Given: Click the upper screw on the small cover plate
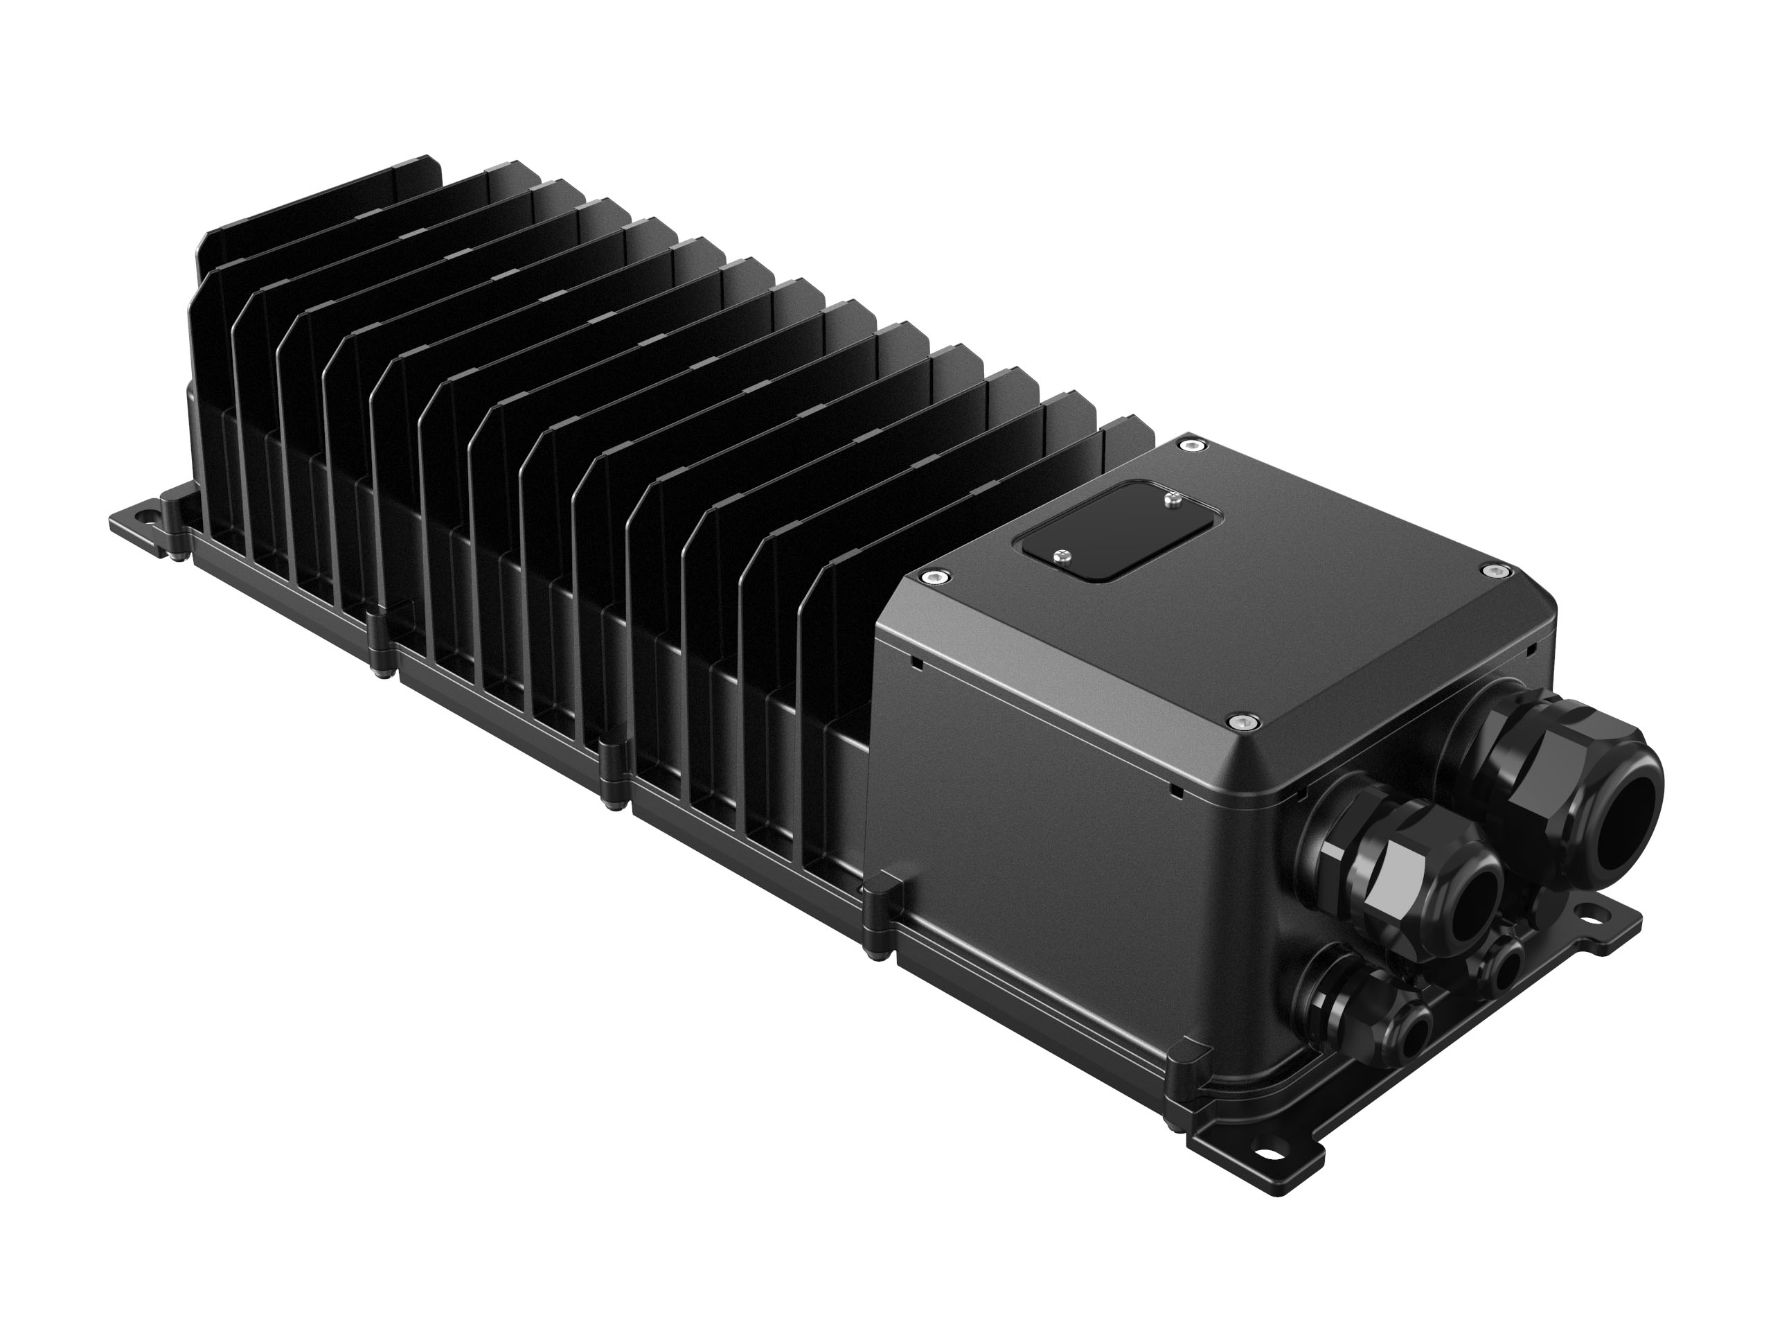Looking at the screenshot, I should tap(1172, 502).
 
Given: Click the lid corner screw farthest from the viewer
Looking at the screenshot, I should tap(1197, 445).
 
